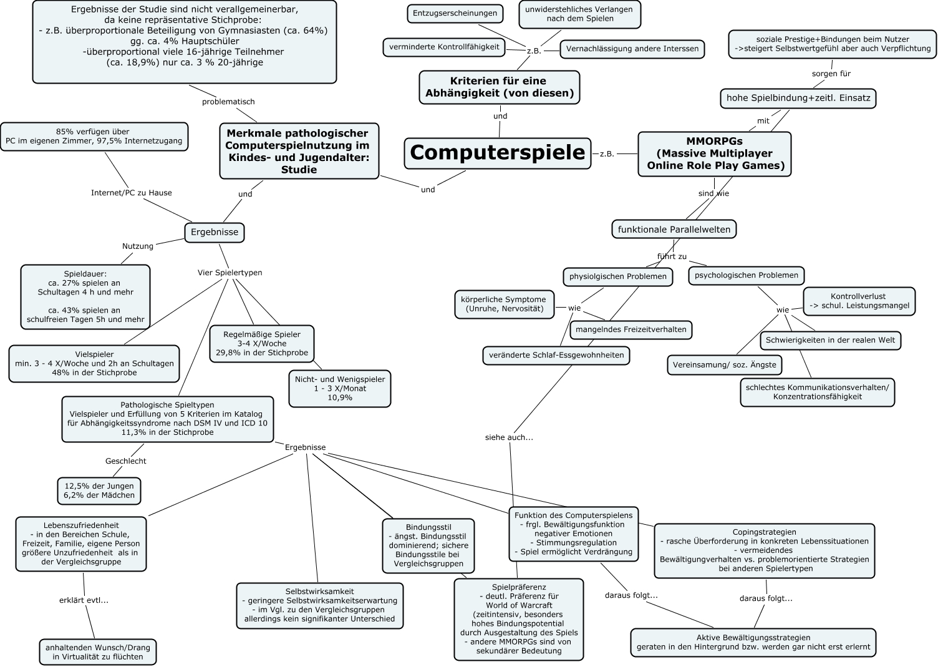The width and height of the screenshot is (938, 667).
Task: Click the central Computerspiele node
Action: click(497, 153)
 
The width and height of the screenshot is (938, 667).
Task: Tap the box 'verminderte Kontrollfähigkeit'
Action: click(443, 47)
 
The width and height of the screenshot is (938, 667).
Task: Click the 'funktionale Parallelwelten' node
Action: click(674, 230)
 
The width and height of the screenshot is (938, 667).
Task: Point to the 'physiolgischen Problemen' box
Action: click(617, 276)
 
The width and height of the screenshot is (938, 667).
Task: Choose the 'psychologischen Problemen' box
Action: click(746, 275)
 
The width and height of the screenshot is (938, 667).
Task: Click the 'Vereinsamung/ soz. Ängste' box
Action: click(724, 364)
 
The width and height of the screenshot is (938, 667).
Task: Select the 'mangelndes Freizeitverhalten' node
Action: click(631, 329)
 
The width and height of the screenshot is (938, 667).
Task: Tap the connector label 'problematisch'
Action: click(228, 102)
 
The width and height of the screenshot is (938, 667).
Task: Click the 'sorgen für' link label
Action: click(831, 74)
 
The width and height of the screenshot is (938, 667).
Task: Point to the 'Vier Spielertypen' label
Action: click(230, 273)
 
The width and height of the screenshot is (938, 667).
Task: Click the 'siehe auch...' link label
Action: click(509, 437)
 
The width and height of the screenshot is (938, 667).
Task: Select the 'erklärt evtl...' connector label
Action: click(84, 600)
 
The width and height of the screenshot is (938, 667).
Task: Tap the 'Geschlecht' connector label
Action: click(125, 461)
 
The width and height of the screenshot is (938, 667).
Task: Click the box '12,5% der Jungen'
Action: click(99, 490)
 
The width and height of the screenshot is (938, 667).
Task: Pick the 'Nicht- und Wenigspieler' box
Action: click(340, 388)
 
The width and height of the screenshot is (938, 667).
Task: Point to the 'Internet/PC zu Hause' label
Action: click(131, 193)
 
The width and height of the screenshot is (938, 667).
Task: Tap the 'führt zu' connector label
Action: click(672, 256)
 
